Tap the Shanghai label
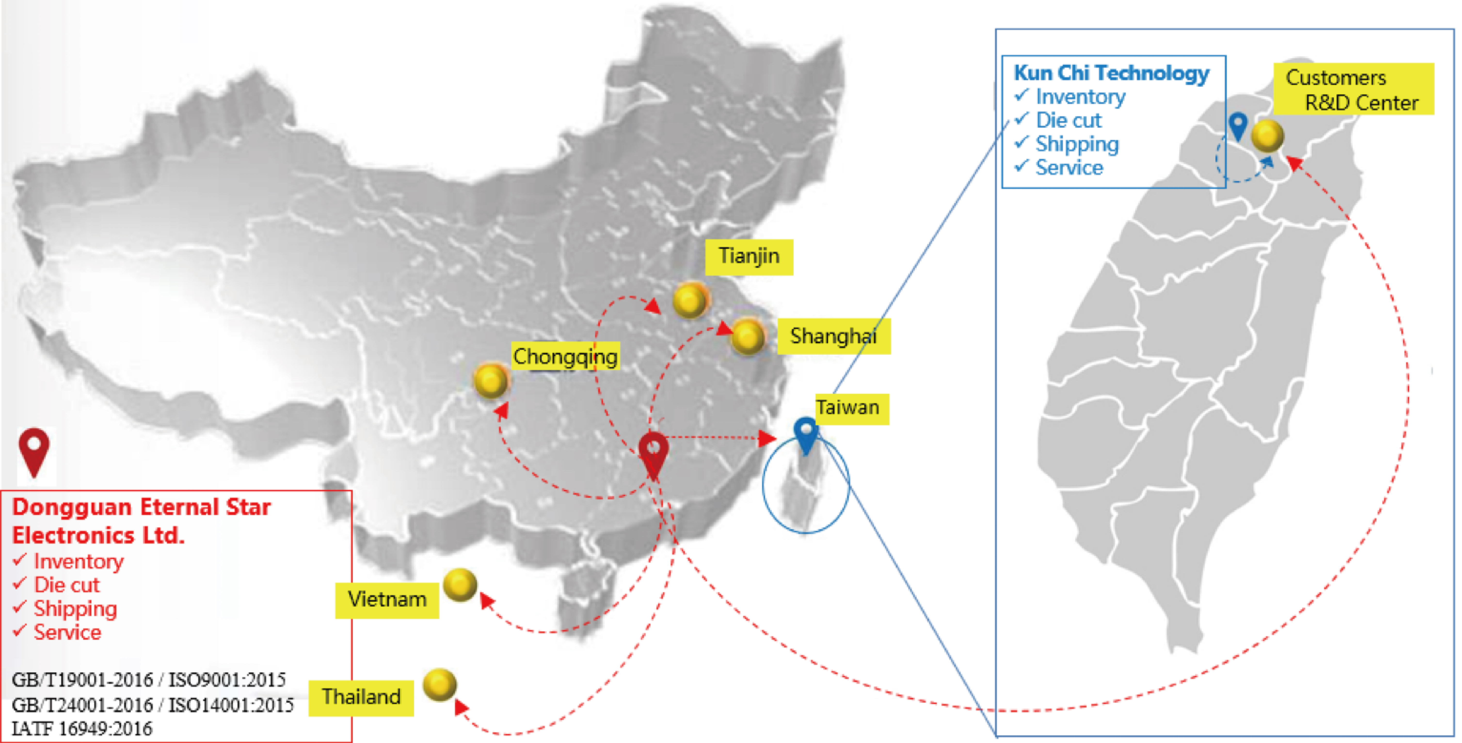point(833,336)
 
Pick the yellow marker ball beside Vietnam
point(460,585)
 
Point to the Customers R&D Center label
point(1352,90)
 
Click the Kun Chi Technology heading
point(1111,73)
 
